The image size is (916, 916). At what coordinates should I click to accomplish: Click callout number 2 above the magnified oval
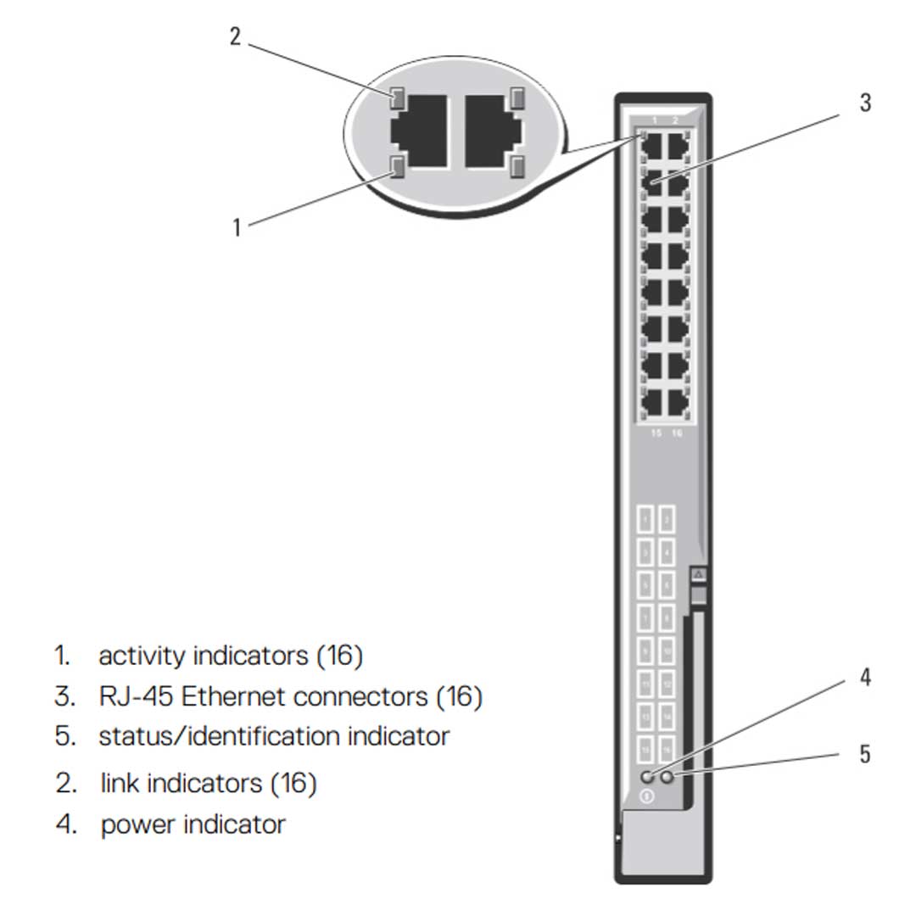236,37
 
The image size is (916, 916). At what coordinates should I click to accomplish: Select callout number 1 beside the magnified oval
237,227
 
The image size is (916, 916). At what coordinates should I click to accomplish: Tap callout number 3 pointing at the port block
864,103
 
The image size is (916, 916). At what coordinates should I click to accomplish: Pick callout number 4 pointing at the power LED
864,678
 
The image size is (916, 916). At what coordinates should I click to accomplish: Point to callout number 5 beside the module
864,754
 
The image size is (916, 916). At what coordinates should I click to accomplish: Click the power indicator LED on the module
648,776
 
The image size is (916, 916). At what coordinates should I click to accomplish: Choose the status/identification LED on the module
667,776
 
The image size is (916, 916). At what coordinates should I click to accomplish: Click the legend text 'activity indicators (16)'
231,656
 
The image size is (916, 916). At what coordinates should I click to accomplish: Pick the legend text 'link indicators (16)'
209,782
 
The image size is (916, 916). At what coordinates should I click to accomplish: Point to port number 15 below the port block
656,433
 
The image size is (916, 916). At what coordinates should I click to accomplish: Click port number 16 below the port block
676,433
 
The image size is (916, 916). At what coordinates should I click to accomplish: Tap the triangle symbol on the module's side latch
698,575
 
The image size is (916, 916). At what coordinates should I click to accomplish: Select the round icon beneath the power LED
647,796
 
